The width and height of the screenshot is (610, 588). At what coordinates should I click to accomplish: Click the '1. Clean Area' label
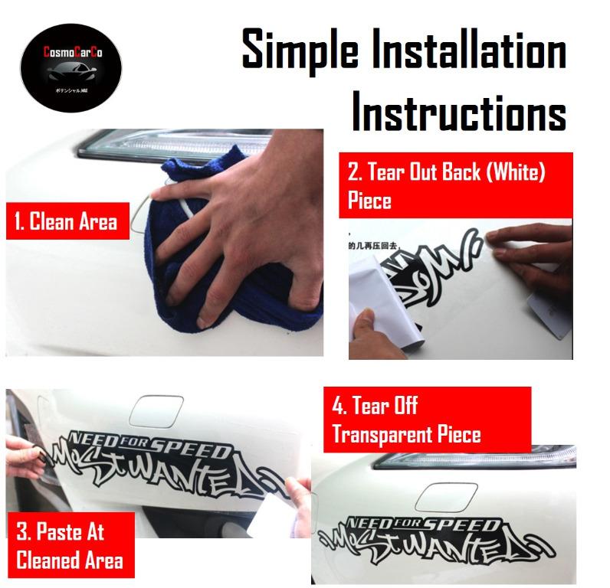(66, 221)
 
